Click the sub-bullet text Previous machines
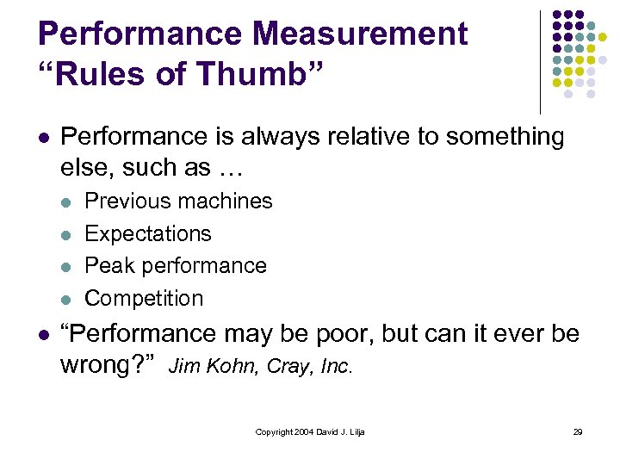178,201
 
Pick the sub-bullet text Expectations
148,233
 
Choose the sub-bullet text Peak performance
176,265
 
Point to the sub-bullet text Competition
145,298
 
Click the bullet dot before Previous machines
68,202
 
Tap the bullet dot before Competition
68,300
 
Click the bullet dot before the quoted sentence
44,335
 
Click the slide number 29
577,431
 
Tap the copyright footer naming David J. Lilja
310,431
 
